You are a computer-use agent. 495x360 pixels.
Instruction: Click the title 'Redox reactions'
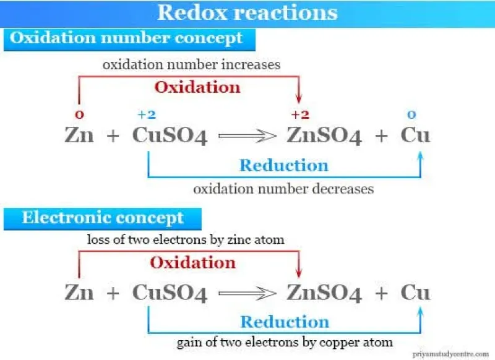tap(247, 12)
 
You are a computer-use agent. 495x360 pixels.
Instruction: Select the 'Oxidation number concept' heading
tap(126, 38)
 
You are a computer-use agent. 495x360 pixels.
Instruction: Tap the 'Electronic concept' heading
tap(103, 218)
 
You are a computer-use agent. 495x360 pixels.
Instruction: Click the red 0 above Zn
tap(79, 114)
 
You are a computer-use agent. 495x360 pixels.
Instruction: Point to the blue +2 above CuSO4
tap(147, 114)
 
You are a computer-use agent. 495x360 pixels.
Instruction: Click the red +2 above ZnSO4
tap(300, 114)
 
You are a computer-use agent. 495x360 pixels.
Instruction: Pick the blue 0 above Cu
tap(411, 114)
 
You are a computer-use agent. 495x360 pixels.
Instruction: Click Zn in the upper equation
tap(79, 135)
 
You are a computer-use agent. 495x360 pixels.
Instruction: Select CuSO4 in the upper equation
tap(170, 135)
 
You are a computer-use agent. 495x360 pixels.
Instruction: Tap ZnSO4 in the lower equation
tap(324, 293)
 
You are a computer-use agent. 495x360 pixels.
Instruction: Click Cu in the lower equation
tap(415, 292)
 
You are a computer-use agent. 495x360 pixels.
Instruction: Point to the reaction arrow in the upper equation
tap(247, 136)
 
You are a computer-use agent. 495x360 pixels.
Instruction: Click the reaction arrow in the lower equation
tap(247, 293)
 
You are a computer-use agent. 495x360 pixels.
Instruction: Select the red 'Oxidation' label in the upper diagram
tap(197, 87)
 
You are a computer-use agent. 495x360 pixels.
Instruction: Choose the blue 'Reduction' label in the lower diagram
tap(285, 322)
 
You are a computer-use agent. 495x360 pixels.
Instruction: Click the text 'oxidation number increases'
tap(192, 65)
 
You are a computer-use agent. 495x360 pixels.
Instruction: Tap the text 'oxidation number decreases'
tap(283, 189)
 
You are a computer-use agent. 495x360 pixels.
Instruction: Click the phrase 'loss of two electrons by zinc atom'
tap(186, 239)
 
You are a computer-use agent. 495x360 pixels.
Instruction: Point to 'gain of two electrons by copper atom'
tap(285, 343)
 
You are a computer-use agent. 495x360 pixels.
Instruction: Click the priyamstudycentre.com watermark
tap(451, 354)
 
